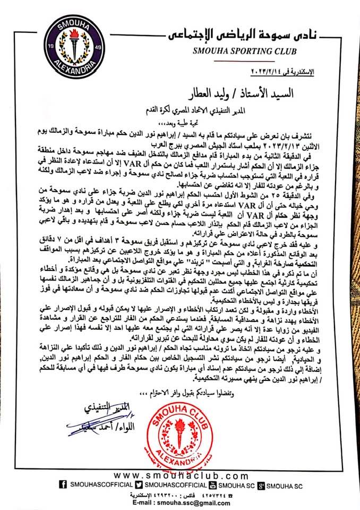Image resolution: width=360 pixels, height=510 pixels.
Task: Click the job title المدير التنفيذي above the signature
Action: [x=99, y=410]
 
